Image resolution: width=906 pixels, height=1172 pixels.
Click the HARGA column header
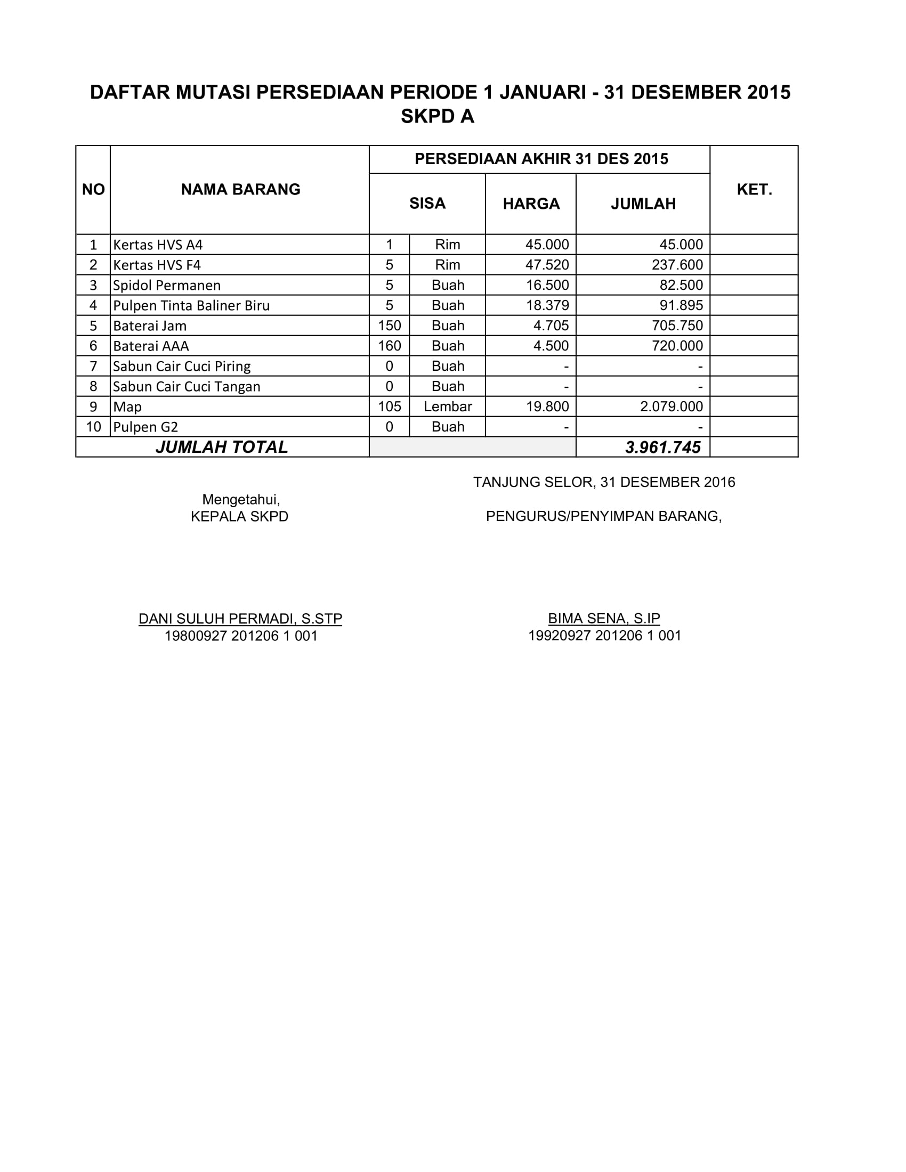[x=531, y=204]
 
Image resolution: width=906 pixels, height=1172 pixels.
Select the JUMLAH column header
[x=643, y=204]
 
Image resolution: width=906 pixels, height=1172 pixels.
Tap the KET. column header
[x=754, y=190]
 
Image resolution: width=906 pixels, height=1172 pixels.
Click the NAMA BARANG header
[x=240, y=190]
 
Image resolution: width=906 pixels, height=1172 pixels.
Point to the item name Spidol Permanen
[x=167, y=286]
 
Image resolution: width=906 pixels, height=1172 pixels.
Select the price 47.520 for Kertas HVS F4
[x=547, y=265]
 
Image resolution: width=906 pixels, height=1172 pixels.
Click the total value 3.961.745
[x=663, y=447]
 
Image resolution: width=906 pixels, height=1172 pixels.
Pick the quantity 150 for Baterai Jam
[x=389, y=325]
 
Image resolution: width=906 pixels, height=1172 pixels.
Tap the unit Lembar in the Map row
[x=448, y=407]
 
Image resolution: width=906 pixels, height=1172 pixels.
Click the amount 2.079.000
[x=671, y=407]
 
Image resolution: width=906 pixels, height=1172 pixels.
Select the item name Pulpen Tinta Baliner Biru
[x=191, y=306]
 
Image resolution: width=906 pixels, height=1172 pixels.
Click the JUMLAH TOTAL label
[x=222, y=447]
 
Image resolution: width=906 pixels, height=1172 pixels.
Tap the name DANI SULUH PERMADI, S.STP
[x=240, y=618]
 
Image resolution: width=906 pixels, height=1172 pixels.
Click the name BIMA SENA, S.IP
[x=604, y=618]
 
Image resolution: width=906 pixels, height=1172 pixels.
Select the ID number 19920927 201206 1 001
[x=604, y=636]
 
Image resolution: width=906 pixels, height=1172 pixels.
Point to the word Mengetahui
[x=241, y=500]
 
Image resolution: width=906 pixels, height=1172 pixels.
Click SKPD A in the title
[x=438, y=117]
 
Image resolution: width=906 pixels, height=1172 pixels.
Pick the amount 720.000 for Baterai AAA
[x=677, y=346]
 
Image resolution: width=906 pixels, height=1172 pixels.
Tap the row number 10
[x=93, y=427]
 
